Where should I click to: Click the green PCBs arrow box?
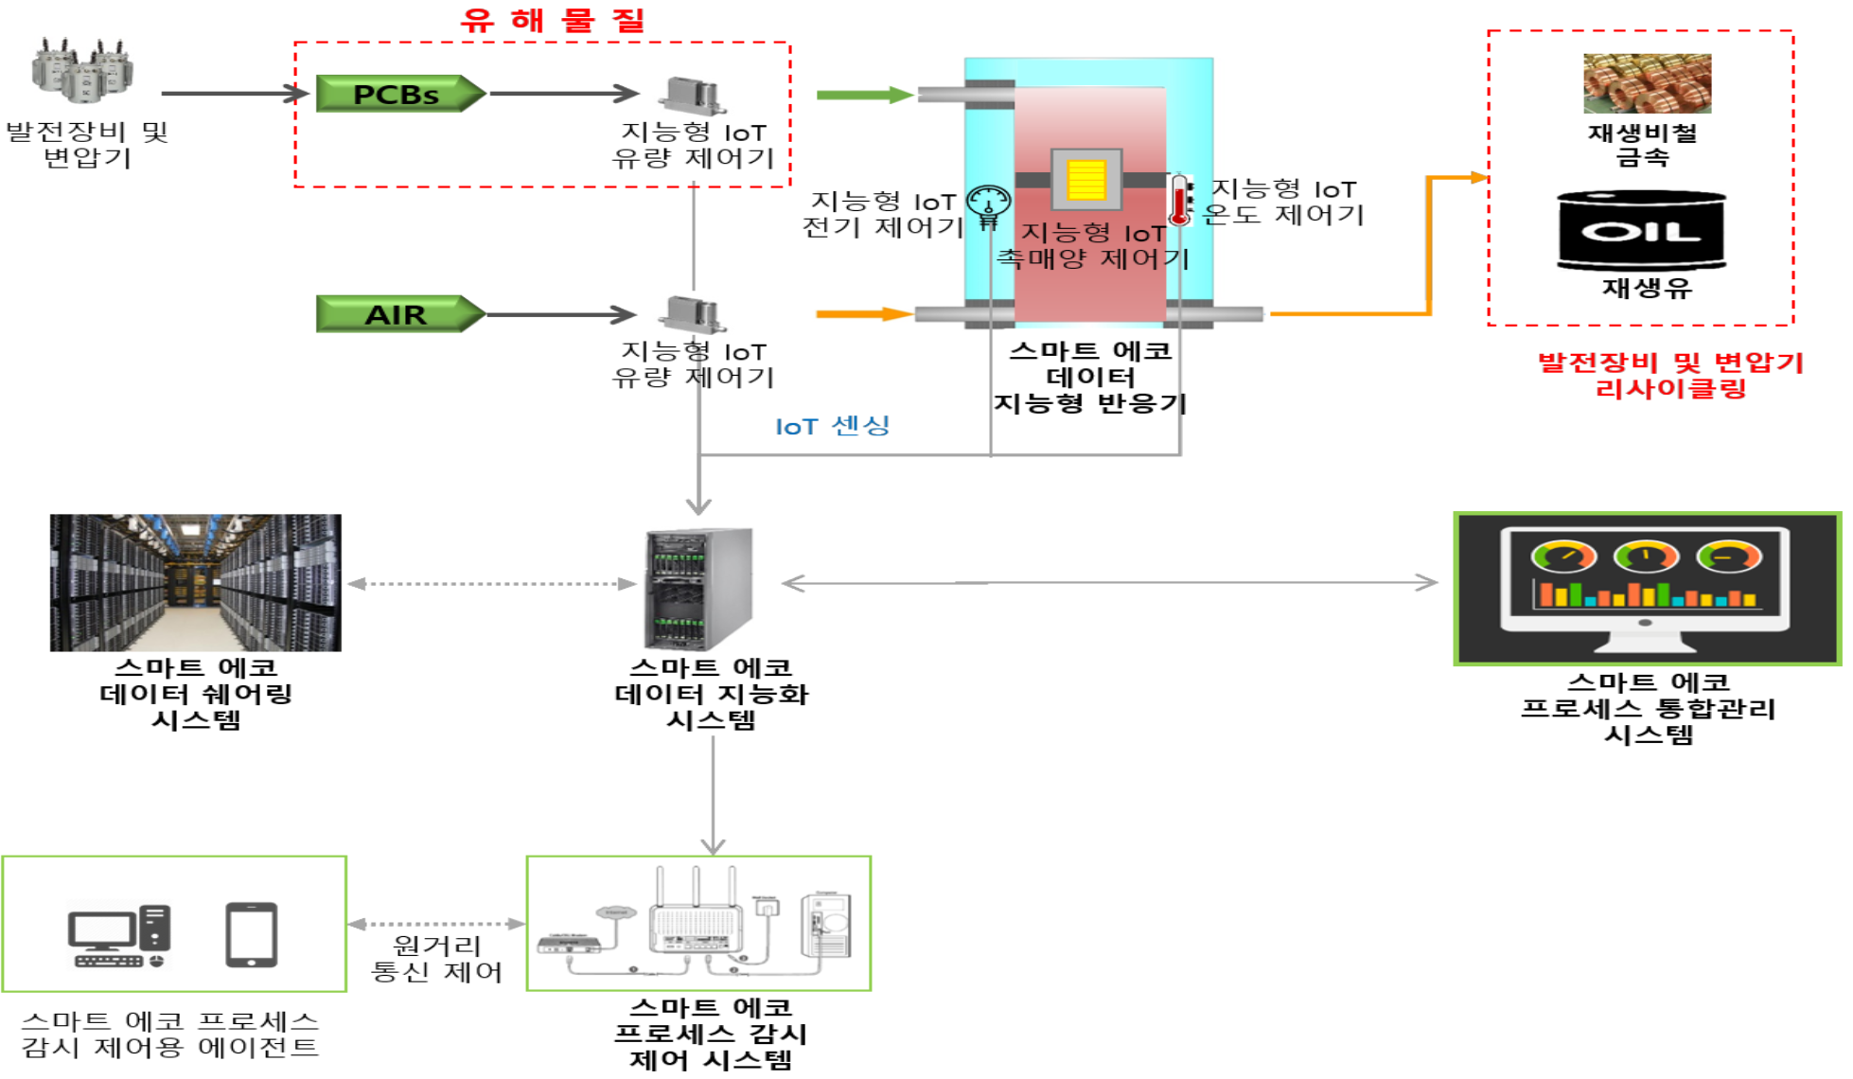398,94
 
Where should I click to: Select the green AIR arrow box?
398,314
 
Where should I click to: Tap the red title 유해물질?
553,20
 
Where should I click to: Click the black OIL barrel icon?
1642,230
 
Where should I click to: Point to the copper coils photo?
1647,83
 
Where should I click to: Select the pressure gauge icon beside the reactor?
988,204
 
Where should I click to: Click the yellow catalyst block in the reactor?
1086,180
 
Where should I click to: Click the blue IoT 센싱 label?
833,426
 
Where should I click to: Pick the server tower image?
699,589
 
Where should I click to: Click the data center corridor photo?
196,582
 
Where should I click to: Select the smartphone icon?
252,934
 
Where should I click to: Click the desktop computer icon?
119,936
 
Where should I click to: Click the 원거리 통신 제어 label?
436,958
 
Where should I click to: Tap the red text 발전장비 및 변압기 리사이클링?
1670,375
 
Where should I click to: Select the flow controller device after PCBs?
694,95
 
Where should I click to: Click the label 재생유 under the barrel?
1646,288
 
